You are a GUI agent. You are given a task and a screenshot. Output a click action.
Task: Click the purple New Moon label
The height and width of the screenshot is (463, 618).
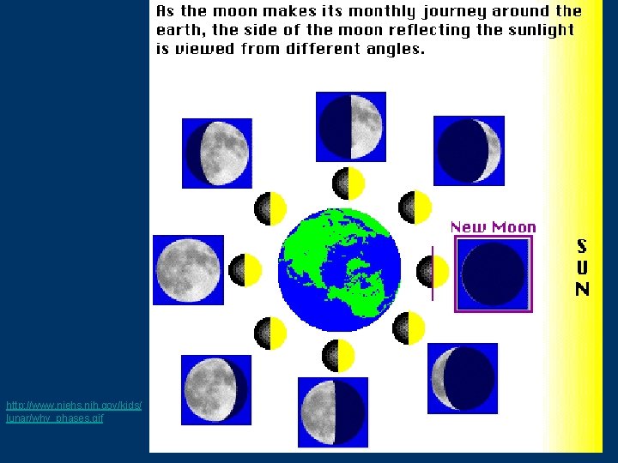pos(493,227)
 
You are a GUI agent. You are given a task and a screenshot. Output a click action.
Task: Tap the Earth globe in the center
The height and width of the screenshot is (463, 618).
pos(340,269)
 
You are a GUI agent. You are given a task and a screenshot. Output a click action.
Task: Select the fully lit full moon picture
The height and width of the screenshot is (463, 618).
pos(187,270)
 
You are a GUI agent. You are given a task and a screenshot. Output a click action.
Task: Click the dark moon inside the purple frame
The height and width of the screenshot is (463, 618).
pos(493,274)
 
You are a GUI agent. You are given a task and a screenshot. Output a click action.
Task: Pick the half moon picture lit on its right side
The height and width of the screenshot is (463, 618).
pos(351,126)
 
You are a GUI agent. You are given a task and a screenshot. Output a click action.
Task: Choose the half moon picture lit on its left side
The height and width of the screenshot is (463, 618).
pos(332,412)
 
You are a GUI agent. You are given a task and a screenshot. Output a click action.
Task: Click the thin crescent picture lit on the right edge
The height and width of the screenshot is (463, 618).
pos(469,150)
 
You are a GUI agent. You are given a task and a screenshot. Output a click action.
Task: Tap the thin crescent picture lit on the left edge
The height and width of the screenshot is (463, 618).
pos(462,378)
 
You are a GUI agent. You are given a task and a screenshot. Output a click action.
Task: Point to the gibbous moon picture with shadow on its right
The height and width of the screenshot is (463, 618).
pos(215,389)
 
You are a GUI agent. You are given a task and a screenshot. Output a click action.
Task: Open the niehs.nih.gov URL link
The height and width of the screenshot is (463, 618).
pos(73,411)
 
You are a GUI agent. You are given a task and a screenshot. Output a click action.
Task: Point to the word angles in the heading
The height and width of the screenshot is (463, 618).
pos(391,49)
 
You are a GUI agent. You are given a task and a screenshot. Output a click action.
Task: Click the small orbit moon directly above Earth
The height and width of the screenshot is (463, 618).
pos(348,183)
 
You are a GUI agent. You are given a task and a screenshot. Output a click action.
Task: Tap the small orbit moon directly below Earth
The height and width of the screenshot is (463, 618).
pos(338,355)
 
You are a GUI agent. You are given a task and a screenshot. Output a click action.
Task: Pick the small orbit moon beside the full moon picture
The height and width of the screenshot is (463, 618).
pos(245,270)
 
